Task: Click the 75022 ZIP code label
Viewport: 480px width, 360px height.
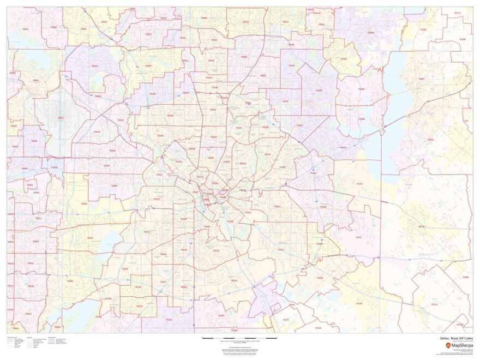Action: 26,28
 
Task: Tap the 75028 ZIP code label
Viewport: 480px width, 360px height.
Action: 53,26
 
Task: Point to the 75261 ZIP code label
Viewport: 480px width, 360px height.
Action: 61,117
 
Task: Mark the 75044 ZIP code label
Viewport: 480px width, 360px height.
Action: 292,65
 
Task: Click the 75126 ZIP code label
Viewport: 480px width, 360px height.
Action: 421,226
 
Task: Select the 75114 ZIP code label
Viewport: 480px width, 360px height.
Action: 434,304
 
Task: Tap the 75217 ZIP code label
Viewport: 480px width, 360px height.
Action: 280,249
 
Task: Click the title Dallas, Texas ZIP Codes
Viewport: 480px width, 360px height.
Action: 456,339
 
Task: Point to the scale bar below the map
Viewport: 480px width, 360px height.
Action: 240,339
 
